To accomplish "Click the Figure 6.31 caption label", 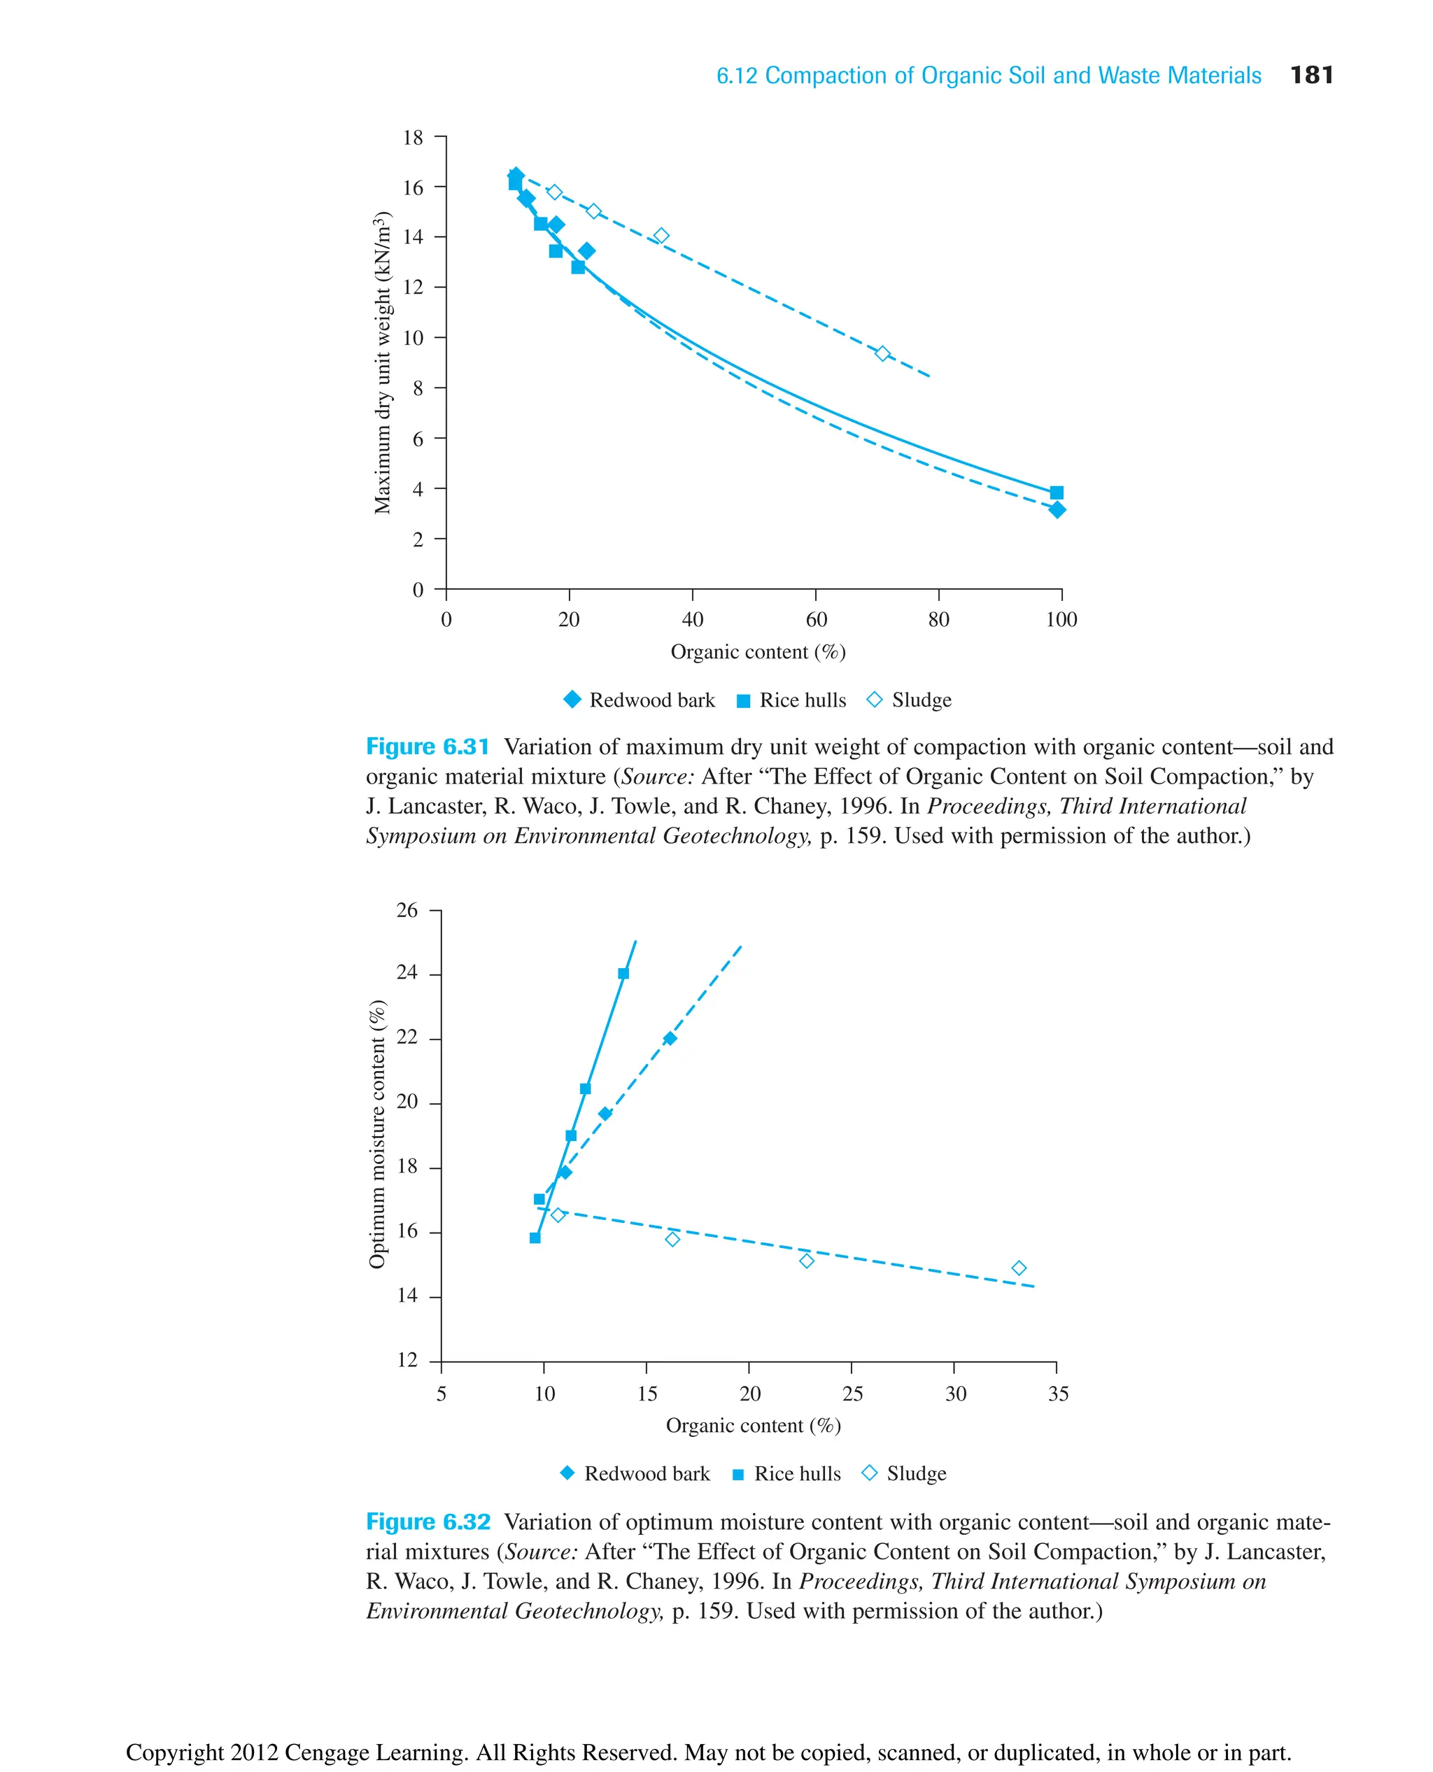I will pos(428,747).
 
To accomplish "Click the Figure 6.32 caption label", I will pos(428,1522).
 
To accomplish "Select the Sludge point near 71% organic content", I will pos(882,353).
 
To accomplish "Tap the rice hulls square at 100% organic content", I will pos(1057,492).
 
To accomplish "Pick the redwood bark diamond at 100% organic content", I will pos(1057,510).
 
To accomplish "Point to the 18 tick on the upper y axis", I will pos(413,138).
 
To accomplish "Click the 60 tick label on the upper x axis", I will pos(816,619).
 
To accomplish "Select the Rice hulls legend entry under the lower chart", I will pos(786,1473).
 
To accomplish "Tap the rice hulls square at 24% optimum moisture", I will pos(623,974).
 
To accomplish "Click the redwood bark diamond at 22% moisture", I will pos(670,1038).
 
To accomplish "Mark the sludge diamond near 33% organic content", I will pos(1019,1268).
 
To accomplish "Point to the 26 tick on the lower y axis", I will pos(407,910).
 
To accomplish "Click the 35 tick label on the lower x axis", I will pos(1057,1394).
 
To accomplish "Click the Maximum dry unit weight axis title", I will pos(381,363).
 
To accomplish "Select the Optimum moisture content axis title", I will pos(376,1134).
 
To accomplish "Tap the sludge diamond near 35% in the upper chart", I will pos(661,236).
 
